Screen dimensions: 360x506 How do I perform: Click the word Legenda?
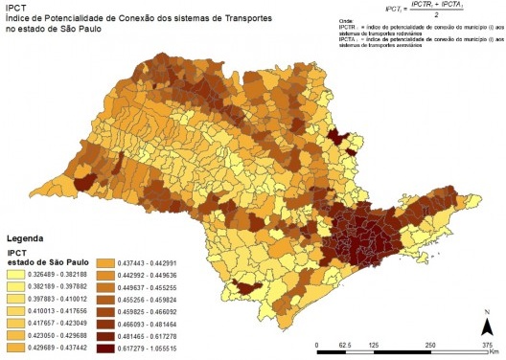[27, 236]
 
